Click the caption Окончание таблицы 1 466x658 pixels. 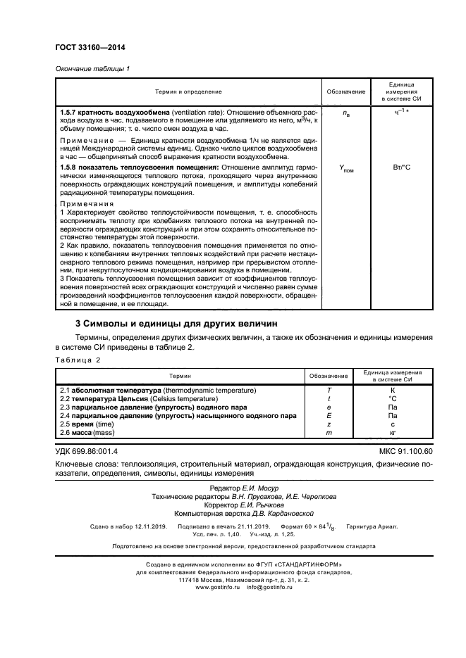tap(92, 68)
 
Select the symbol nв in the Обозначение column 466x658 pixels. tap(345, 113)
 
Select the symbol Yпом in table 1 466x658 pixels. tap(345, 169)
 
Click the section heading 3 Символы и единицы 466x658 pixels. tap(176, 323)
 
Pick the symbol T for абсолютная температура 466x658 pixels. tap(329, 390)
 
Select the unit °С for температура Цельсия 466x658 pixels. tap(393, 398)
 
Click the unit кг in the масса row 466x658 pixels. tap(393, 434)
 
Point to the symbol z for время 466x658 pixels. tap(329, 425)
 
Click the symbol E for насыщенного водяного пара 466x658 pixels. tap(329, 416)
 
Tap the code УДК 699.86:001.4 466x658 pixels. tap(87, 450)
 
